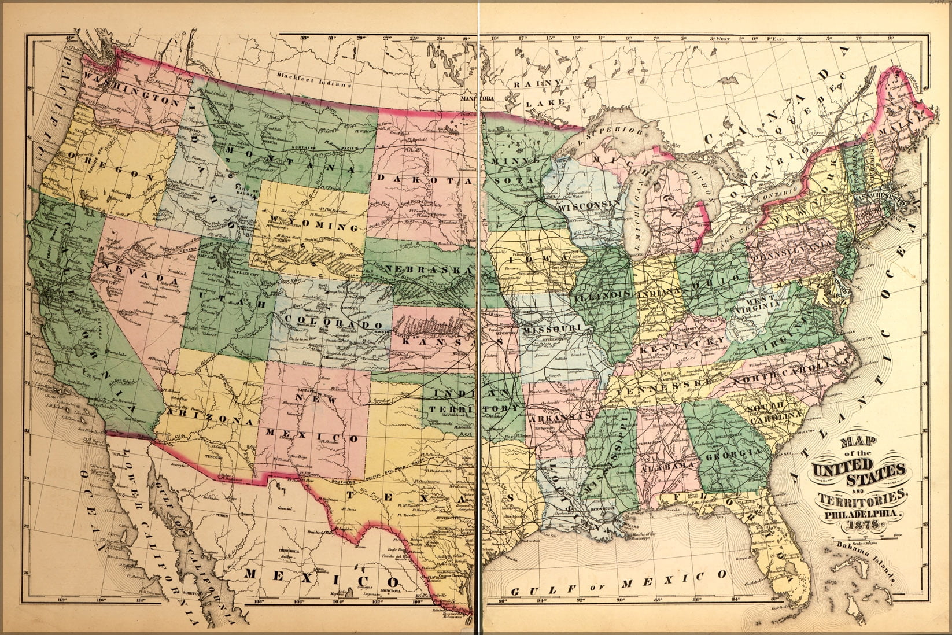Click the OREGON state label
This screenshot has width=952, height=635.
110,167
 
